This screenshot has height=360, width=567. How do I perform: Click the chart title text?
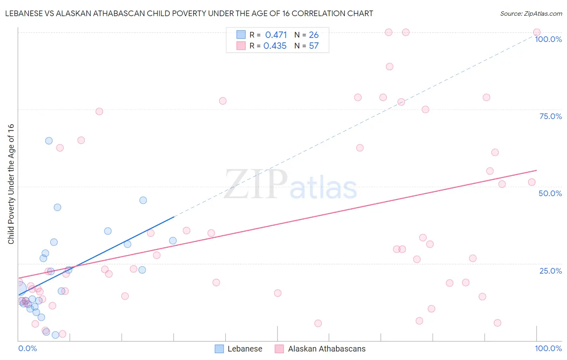coord(189,13)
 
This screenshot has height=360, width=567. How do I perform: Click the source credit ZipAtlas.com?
coord(531,13)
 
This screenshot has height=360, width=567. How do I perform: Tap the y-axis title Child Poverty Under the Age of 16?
coord(11,184)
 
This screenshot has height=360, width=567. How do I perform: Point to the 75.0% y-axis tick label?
coord(550,116)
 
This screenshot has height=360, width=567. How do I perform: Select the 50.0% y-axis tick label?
coord(550,193)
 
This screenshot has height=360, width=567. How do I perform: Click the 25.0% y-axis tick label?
coord(550,271)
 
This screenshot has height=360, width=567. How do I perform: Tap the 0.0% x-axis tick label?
coord(27,348)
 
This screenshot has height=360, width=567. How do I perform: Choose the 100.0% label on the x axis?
coord(548,348)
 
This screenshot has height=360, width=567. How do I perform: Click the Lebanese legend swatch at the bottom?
coord(219,349)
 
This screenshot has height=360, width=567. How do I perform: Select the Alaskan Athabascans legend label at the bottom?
coord(327,349)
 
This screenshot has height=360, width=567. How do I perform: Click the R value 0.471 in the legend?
coord(276,35)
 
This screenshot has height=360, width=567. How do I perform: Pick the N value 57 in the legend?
coord(314,46)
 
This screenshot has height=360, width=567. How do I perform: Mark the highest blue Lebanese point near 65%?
coord(49,141)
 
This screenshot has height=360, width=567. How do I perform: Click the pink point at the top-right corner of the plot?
coord(537,32)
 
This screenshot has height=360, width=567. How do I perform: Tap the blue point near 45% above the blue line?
coord(143,200)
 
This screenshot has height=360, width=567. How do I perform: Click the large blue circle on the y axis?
coord(19,289)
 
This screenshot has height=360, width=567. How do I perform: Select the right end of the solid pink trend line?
coord(536,170)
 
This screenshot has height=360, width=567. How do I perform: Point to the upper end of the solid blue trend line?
coord(174,217)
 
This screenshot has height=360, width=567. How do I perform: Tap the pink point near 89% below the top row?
coord(389,67)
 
